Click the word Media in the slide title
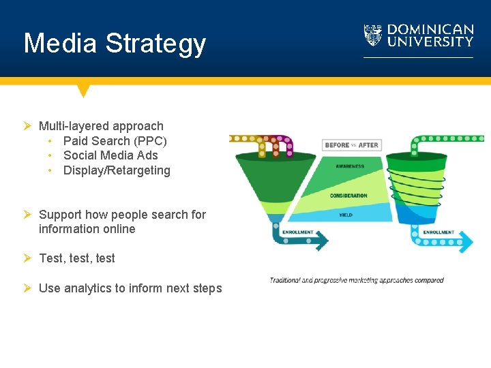pyautogui.click(x=60, y=43)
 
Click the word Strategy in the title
pyautogui.click(x=155, y=44)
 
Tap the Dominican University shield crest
pyautogui.click(x=372, y=35)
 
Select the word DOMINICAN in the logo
pyautogui.click(x=430, y=29)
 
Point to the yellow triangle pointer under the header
pyautogui.click(x=83, y=90)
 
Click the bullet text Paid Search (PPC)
pyautogui.click(x=115, y=141)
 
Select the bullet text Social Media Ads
pyautogui.click(x=110, y=155)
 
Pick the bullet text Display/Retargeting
pyautogui.click(x=117, y=170)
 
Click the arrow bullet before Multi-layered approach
pyautogui.click(x=27, y=126)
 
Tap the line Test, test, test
pyautogui.click(x=77, y=258)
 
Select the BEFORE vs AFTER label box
pyautogui.click(x=351, y=145)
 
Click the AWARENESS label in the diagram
pyautogui.click(x=349, y=166)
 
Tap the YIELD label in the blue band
pyautogui.click(x=346, y=215)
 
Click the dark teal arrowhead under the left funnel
pyautogui.click(x=320, y=241)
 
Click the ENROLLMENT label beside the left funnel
pyautogui.click(x=297, y=232)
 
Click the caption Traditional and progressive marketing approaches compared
pyautogui.click(x=357, y=280)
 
